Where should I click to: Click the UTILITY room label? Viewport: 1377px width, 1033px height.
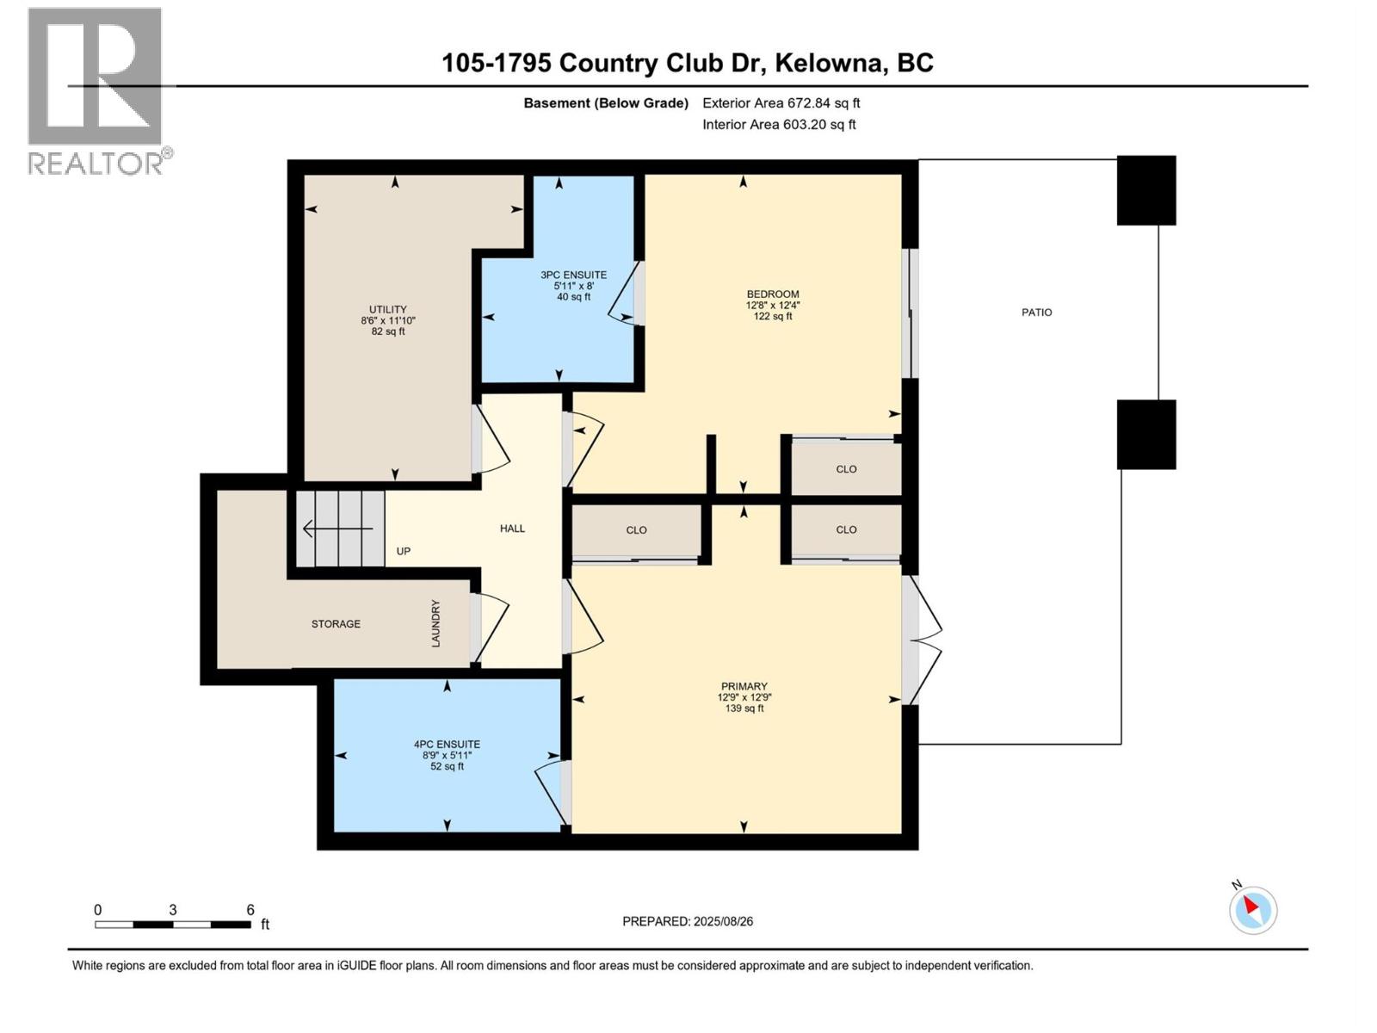coord(388,310)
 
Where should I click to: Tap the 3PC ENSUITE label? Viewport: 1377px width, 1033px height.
coord(573,275)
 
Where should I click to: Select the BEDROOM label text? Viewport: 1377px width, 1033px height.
coord(772,294)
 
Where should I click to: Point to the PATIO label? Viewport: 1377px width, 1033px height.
coord(1036,312)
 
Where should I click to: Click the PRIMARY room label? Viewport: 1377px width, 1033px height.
coord(744,687)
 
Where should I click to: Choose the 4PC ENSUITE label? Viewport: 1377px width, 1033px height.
coord(447,745)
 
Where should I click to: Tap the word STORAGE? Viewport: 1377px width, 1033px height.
coord(336,624)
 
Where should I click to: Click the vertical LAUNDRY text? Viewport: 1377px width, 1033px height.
coord(435,623)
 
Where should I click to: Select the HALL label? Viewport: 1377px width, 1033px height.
coord(512,529)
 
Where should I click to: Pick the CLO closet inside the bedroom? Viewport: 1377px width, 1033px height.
coord(846,469)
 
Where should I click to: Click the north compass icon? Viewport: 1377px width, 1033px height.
coord(1252,910)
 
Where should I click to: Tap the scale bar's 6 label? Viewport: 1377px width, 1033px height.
coord(250,910)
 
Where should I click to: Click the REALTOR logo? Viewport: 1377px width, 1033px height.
coord(96,90)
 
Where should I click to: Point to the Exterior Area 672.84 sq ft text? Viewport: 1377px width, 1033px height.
coord(781,103)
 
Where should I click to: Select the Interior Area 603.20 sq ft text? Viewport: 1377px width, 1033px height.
coord(779,125)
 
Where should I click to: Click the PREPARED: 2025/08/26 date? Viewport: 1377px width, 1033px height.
coord(688,921)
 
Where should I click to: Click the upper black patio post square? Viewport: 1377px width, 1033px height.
coord(1145,190)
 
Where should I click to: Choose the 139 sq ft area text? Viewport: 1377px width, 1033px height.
coord(744,708)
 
